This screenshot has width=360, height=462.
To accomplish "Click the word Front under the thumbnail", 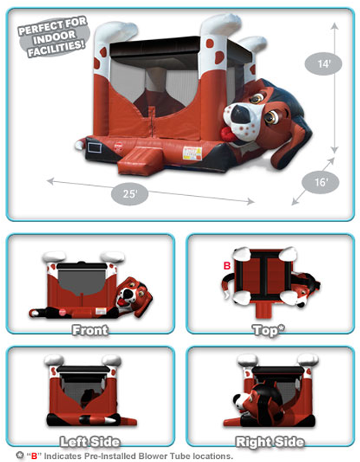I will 90,330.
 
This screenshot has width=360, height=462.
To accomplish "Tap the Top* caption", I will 269,330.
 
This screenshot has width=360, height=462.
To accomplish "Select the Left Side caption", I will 90,441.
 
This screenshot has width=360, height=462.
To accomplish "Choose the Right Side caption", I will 270,441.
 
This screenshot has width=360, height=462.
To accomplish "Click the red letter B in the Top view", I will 227,266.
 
